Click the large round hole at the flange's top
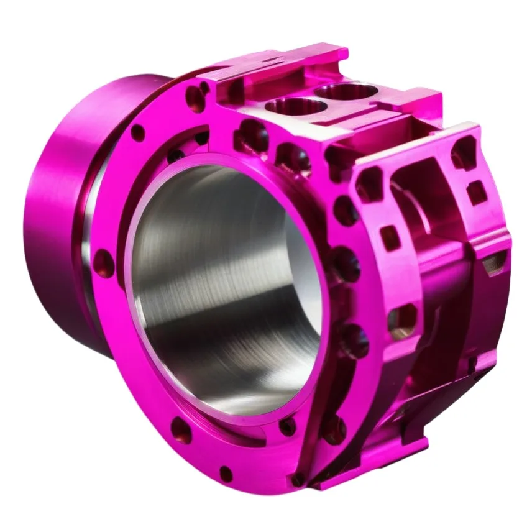pos(195,97)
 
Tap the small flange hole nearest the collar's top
pos(138,132)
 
